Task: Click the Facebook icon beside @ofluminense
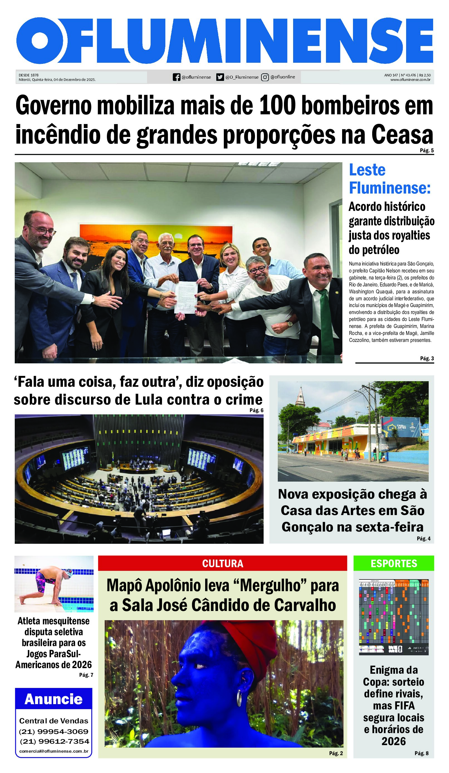(x=176, y=77)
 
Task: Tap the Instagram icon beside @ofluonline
(x=265, y=77)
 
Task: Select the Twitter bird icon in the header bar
(x=220, y=77)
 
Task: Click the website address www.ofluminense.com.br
(x=410, y=80)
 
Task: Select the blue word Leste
(x=367, y=170)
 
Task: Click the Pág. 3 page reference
(x=427, y=358)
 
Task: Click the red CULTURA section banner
(x=222, y=564)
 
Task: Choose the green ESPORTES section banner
(x=394, y=564)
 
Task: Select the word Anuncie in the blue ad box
(x=54, y=699)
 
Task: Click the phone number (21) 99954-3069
(x=54, y=732)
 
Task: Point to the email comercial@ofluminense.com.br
(x=54, y=751)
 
